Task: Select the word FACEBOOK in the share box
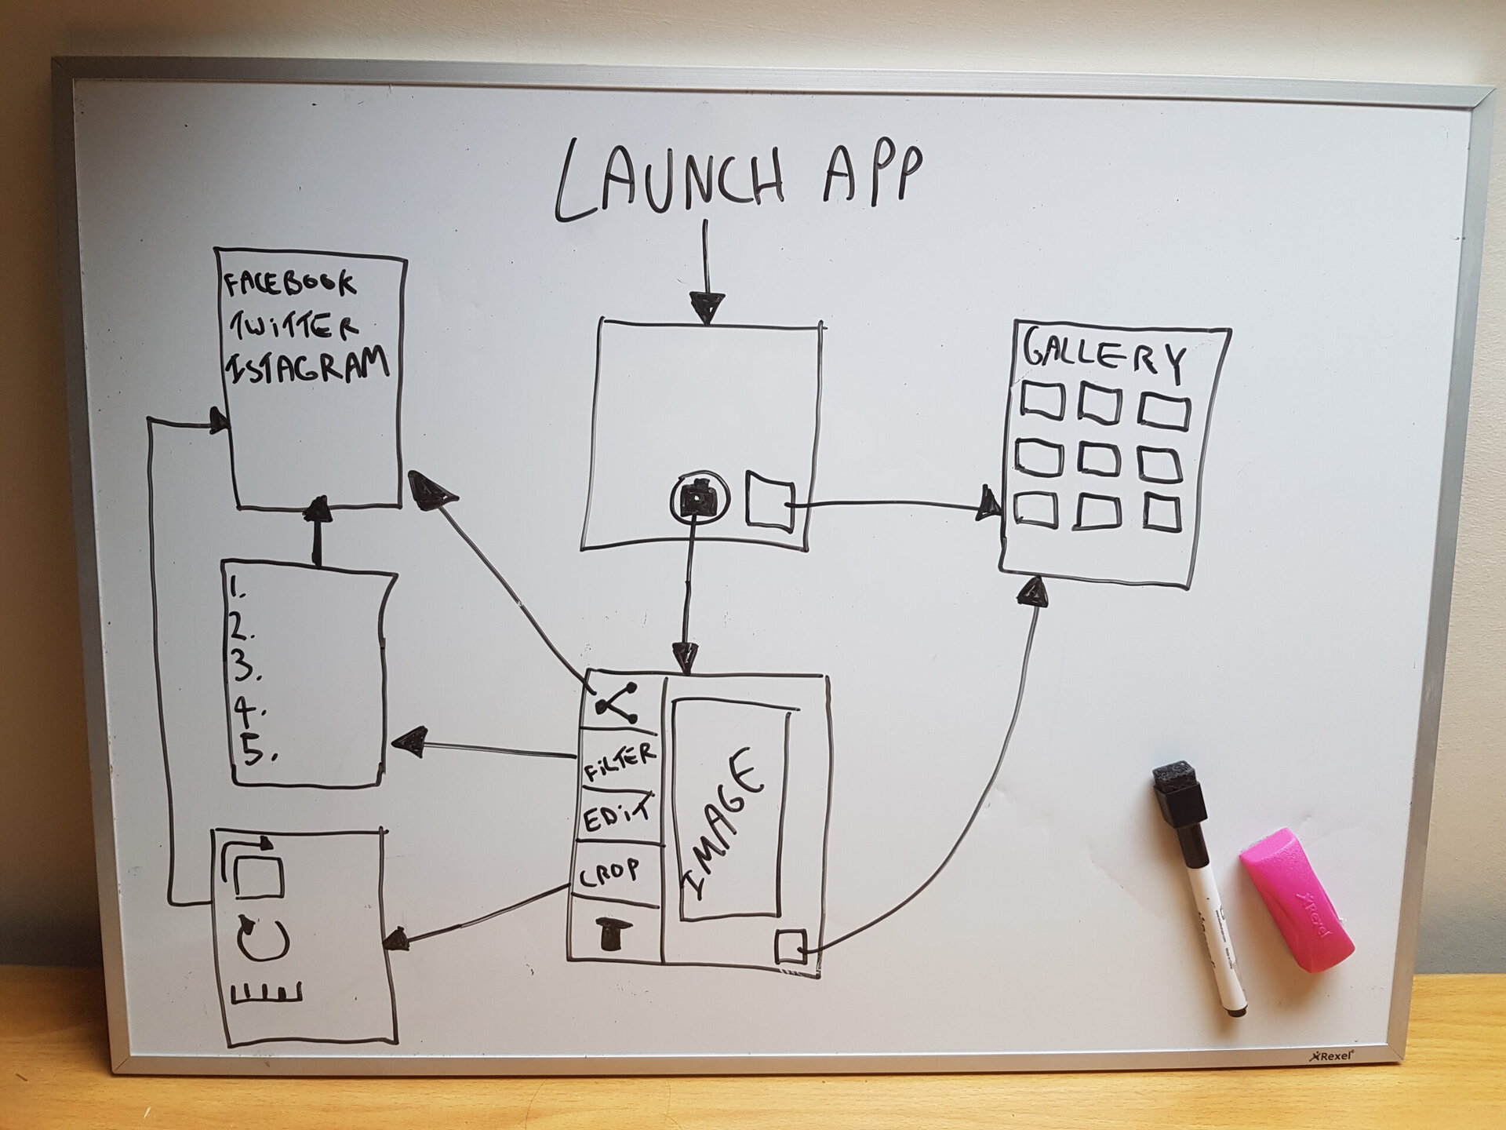click(289, 283)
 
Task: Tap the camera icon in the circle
click(699, 497)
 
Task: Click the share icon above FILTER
click(618, 703)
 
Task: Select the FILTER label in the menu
click(619, 762)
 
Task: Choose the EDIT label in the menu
click(617, 815)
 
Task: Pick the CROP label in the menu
click(610, 872)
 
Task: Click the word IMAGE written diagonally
click(726, 824)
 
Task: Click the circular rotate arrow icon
click(264, 939)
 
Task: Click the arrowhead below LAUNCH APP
click(707, 307)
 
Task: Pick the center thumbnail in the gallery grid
click(1098, 459)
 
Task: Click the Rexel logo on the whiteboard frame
click(1331, 1056)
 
